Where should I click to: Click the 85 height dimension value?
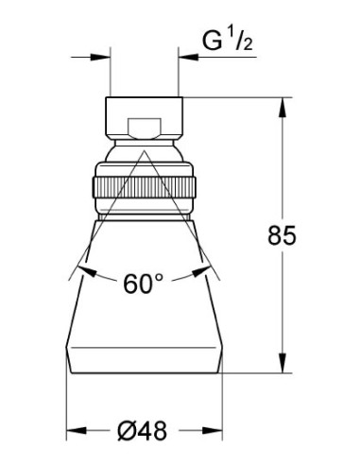[x=282, y=235]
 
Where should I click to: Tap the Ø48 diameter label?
[x=143, y=431]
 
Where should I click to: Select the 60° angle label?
[x=144, y=284]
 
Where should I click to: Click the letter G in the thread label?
[x=212, y=41]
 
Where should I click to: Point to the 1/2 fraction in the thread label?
[x=241, y=40]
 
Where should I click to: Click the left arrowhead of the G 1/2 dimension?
[x=100, y=58]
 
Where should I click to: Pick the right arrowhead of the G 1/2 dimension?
[x=188, y=58]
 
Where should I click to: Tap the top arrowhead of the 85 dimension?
[x=283, y=108]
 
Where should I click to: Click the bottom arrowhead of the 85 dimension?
[x=283, y=363]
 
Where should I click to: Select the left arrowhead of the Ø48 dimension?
[x=77, y=430]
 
